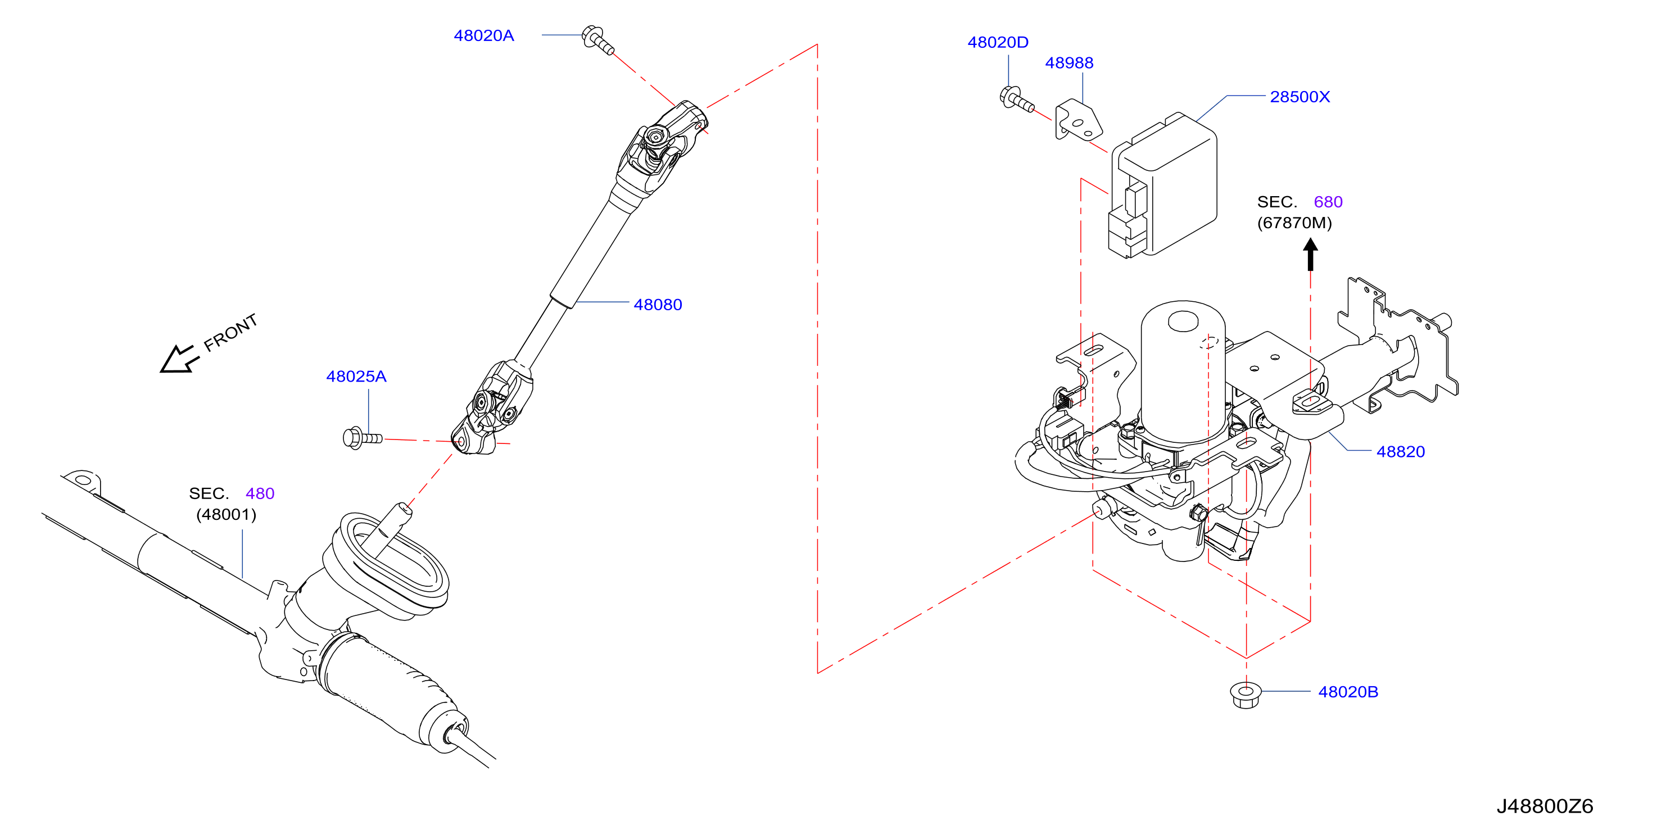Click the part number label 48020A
[x=484, y=36]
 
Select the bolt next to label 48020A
[x=597, y=40]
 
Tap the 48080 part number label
[x=658, y=305]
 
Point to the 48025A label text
[x=356, y=377]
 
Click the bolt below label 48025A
[x=363, y=438]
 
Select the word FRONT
[x=230, y=333]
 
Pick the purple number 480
[x=260, y=494]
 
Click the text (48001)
[x=227, y=514]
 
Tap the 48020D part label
[x=998, y=43]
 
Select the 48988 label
[x=1069, y=63]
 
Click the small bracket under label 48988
[x=1079, y=120]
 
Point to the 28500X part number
[x=1300, y=97]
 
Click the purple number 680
[x=1328, y=202]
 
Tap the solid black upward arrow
[x=1310, y=255]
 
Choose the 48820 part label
[x=1400, y=452]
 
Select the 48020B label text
[x=1348, y=692]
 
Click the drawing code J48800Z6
[x=1545, y=806]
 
